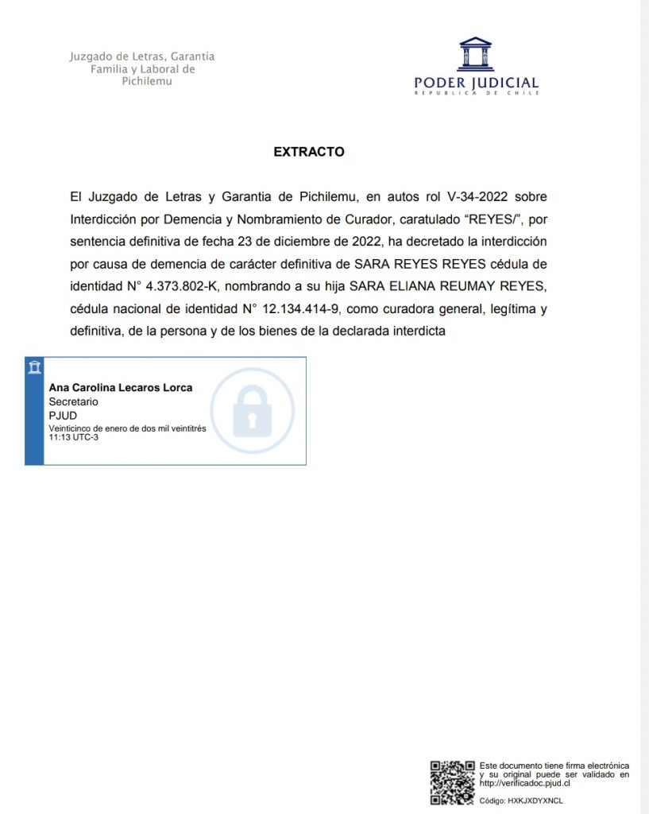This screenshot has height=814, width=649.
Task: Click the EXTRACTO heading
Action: click(x=309, y=152)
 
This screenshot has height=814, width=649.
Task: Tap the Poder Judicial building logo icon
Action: click(x=475, y=54)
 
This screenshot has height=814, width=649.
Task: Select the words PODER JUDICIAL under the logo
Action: click(x=476, y=83)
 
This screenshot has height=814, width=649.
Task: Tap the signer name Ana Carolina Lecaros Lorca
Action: click(x=121, y=388)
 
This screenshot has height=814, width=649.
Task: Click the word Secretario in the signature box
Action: click(x=74, y=402)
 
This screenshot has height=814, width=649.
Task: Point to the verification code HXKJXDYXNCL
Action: click(x=532, y=800)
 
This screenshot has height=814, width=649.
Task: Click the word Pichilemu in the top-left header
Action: click(x=142, y=82)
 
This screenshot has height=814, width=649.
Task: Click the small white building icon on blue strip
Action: click(x=34, y=367)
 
